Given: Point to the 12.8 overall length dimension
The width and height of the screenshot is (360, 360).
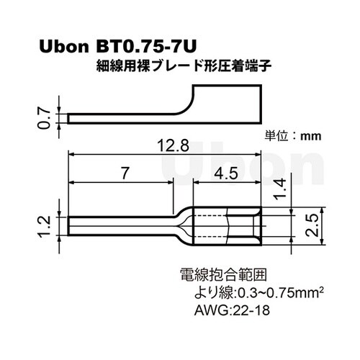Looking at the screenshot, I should pyautogui.click(x=173, y=145).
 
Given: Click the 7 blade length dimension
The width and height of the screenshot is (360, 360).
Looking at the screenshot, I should pyautogui.click(x=124, y=174).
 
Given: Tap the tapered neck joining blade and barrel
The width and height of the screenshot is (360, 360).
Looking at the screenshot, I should pyautogui.click(x=184, y=224).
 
